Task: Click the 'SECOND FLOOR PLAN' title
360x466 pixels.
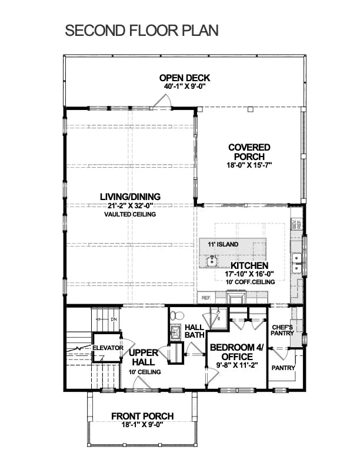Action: tap(141, 31)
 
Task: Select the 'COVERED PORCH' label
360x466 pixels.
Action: tap(249, 152)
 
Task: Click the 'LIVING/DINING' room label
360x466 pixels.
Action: tap(130, 197)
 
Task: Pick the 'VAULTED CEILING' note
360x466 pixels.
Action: tap(130, 215)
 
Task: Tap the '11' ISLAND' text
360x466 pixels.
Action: tap(223, 244)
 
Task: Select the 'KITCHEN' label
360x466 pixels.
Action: tap(249, 266)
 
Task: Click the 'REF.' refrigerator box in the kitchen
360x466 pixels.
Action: tap(206, 298)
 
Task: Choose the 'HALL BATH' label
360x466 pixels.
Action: tap(194, 331)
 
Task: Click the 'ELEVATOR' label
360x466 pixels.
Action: tap(108, 348)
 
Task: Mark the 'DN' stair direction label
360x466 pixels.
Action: tap(114, 319)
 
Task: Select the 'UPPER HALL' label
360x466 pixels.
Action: tap(144, 357)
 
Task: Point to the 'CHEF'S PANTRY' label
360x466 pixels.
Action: tap(284, 329)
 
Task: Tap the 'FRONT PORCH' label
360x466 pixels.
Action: tap(143, 417)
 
